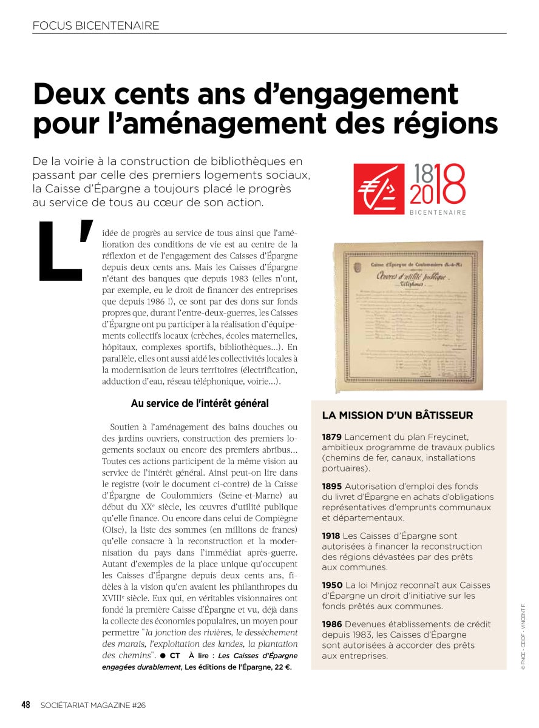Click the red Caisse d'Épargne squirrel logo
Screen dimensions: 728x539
click(x=379, y=189)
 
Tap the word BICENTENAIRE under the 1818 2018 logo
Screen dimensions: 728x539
click(x=438, y=212)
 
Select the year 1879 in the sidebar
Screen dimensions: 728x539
click(x=332, y=436)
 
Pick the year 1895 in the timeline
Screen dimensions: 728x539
click(x=332, y=486)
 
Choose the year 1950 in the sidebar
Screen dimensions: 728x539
click(x=332, y=585)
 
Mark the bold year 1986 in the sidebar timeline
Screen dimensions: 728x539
click(x=332, y=624)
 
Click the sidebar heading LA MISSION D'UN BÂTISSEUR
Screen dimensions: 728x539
click(x=398, y=416)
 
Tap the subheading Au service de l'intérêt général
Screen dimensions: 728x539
click(x=200, y=403)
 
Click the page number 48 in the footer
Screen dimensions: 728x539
click(x=26, y=704)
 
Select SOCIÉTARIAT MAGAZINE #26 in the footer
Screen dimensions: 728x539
click(x=93, y=705)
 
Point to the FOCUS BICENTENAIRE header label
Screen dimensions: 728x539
click(x=96, y=25)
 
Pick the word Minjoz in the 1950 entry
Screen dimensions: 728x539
click(x=391, y=585)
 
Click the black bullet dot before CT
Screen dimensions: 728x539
click(x=163, y=656)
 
